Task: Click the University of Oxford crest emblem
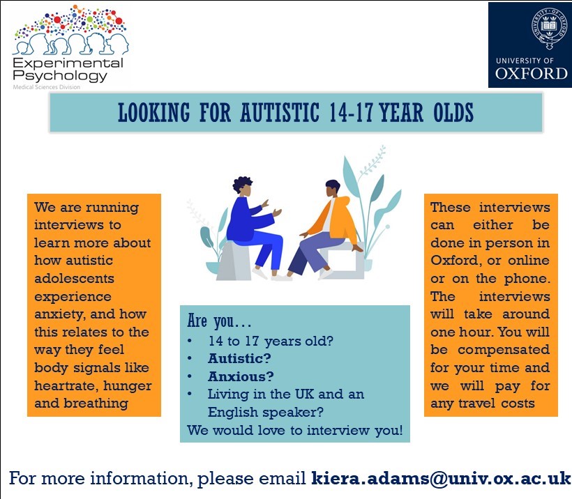click(x=549, y=28)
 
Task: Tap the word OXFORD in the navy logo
click(x=531, y=74)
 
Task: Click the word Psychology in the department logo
click(x=60, y=76)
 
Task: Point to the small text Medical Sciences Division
click(x=47, y=87)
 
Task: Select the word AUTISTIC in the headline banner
click(x=280, y=112)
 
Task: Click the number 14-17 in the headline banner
click(x=351, y=112)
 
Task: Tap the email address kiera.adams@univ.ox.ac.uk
click(x=441, y=479)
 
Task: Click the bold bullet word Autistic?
click(x=239, y=359)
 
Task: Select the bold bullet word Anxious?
click(x=241, y=376)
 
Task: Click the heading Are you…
click(x=219, y=321)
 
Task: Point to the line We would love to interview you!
click(x=295, y=431)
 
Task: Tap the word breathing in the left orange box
click(x=96, y=404)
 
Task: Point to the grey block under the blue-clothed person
click(x=234, y=261)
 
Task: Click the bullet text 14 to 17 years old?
click(x=271, y=341)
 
